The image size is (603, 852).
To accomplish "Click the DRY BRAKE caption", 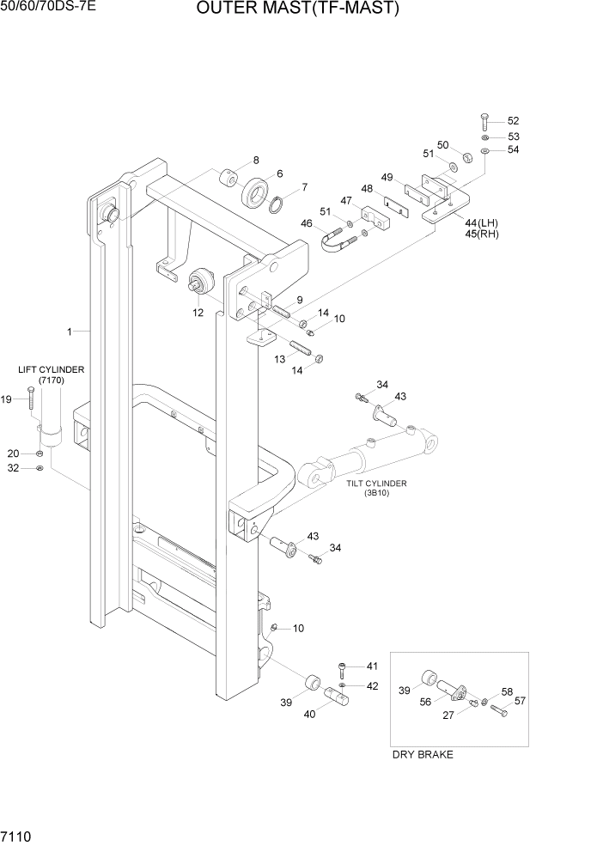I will (x=422, y=755).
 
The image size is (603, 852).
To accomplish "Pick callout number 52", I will (x=513, y=121).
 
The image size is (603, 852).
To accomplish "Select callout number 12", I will (x=198, y=313).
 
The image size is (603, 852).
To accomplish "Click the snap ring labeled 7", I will (x=277, y=204).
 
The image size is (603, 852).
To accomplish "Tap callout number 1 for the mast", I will (x=68, y=331).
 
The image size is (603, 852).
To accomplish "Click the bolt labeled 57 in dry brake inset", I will (x=499, y=710).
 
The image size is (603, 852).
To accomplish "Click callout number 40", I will (x=309, y=713).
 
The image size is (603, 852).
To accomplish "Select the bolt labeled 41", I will (x=344, y=668).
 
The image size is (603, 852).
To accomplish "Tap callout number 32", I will (x=13, y=468).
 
